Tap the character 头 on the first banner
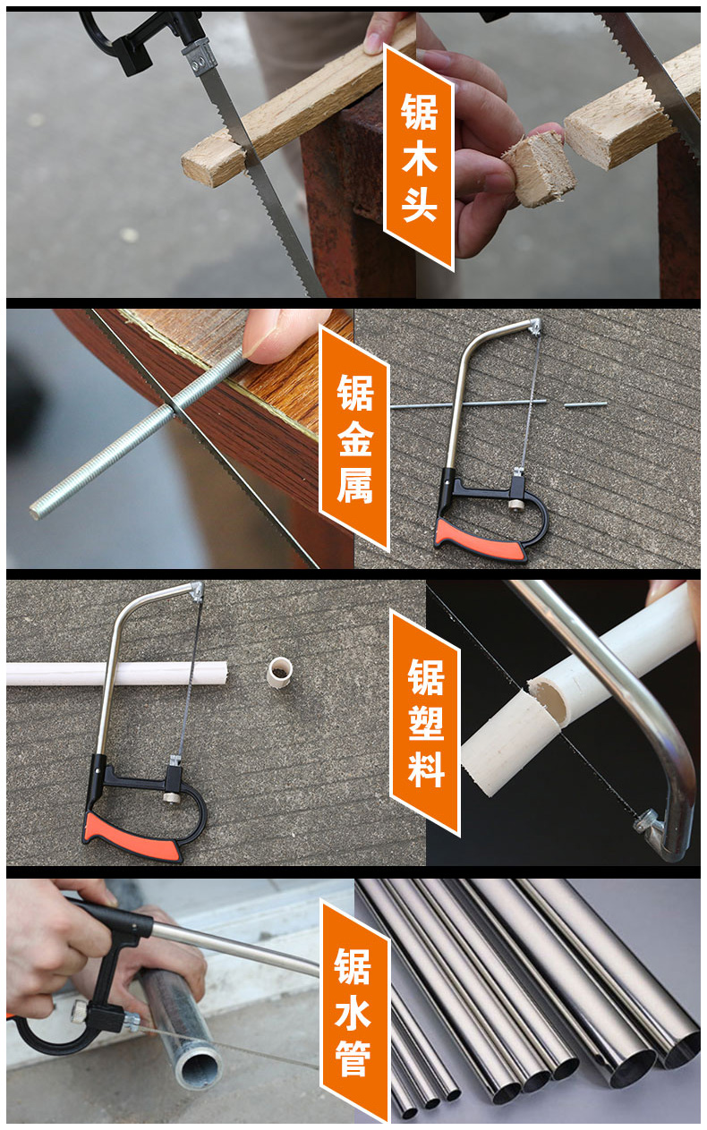[419, 204]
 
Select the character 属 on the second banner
[354, 487]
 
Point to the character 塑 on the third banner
[425, 723]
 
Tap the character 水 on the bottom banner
[353, 1012]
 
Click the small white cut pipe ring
[281, 673]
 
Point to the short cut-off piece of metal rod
[585, 404]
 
